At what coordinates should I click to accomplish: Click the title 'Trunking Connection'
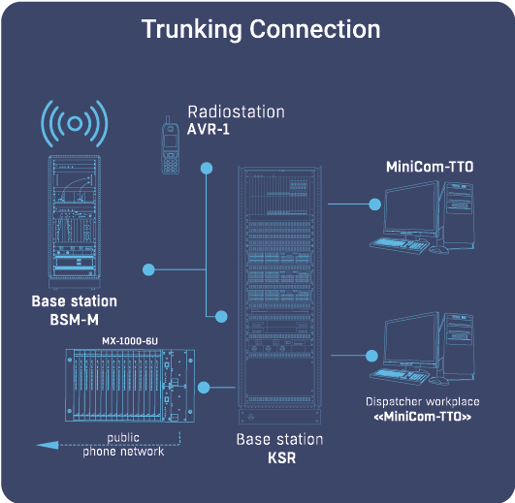click(x=261, y=28)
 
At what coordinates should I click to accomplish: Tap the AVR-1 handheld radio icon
click(x=170, y=146)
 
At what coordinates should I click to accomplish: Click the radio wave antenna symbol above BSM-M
click(x=74, y=124)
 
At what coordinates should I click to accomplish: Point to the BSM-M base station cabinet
click(x=75, y=222)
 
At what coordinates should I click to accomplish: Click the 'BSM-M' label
click(x=74, y=320)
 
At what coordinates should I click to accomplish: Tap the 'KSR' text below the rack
click(x=279, y=457)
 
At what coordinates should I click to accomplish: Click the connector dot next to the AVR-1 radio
click(x=206, y=169)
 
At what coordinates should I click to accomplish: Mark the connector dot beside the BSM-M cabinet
click(x=148, y=268)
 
